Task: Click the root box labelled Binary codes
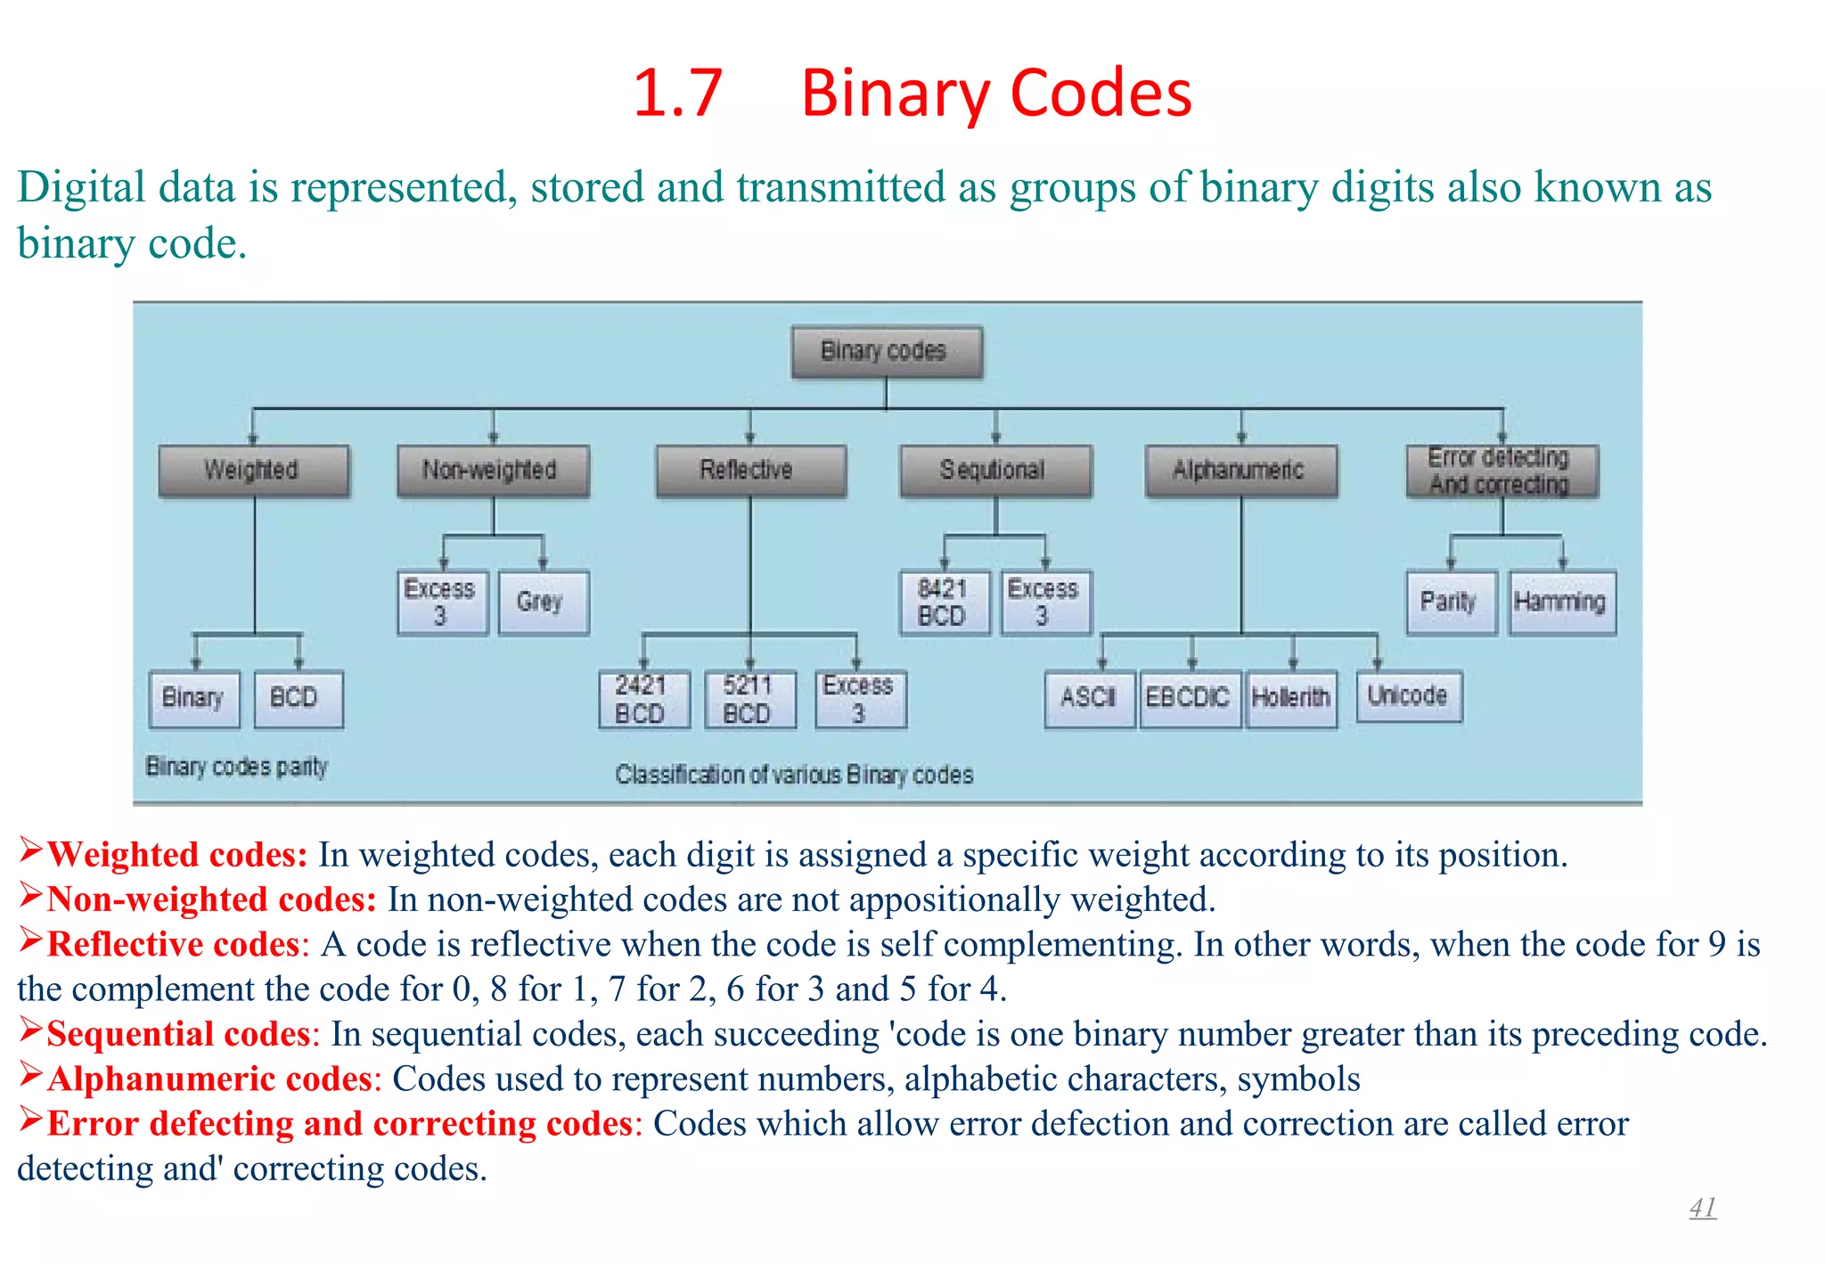(886, 351)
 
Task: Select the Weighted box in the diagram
(253, 470)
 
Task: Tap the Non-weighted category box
(492, 470)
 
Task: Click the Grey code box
(543, 602)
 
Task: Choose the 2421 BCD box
(643, 699)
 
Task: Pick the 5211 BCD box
(749, 699)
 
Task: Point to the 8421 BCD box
(944, 602)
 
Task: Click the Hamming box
(1561, 602)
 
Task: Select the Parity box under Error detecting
(1450, 602)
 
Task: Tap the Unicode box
(1408, 695)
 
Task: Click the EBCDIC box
(1189, 698)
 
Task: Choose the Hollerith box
(1291, 698)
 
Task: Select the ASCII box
(1089, 698)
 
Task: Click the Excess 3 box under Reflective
(859, 699)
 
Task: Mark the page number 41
(1702, 1208)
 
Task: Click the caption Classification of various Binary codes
(793, 775)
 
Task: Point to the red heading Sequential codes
(178, 1034)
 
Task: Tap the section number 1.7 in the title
(677, 93)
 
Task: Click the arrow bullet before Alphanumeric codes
(30, 1076)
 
